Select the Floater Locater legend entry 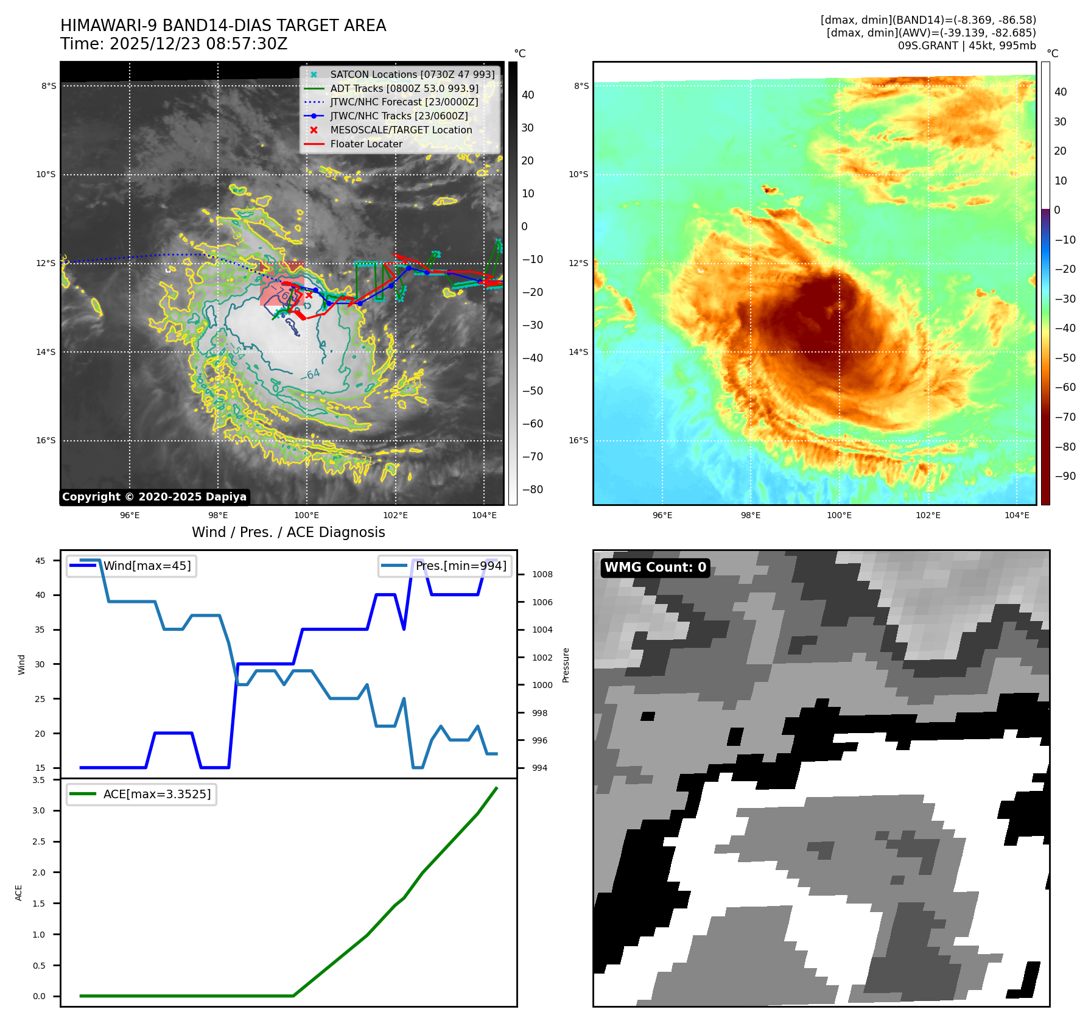coord(366,144)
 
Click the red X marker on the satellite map coord(309,295)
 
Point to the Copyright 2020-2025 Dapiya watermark coord(155,497)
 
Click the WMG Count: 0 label coord(655,567)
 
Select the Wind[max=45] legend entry coord(147,566)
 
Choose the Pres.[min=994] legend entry coord(460,566)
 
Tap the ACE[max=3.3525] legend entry coord(156,795)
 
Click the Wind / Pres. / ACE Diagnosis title coord(289,533)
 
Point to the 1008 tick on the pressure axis coord(542,575)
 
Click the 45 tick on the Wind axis coord(40,561)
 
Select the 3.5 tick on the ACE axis coord(39,780)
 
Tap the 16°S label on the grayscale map coord(46,441)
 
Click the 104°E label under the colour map coord(1017,516)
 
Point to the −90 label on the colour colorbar coord(1065,476)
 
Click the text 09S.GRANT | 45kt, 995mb coord(967,46)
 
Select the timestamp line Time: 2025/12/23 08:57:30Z coord(174,44)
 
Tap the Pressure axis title coord(566,665)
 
